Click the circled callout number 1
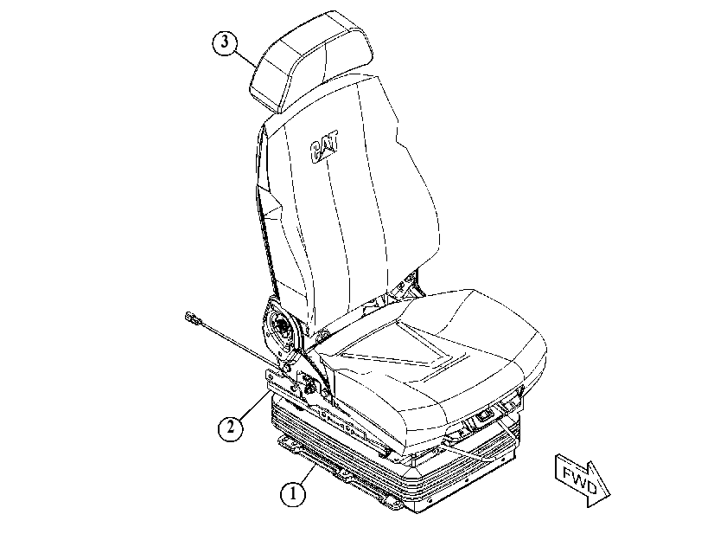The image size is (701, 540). tap(293, 494)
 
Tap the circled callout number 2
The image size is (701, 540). tap(231, 428)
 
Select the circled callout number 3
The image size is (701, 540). tap(225, 42)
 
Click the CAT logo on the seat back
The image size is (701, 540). tap(324, 146)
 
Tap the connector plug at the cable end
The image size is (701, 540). tap(193, 318)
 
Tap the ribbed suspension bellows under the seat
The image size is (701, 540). tap(393, 453)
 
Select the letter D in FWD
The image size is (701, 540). tap(590, 487)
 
